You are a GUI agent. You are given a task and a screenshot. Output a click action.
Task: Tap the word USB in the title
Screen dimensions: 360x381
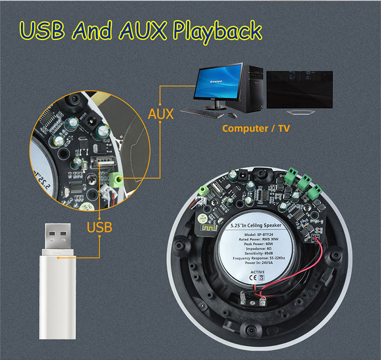coord(45,30)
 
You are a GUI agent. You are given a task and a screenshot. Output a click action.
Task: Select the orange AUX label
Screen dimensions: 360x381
coord(161,114)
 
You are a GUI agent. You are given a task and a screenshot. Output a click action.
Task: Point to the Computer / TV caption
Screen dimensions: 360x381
coord(256,128)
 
